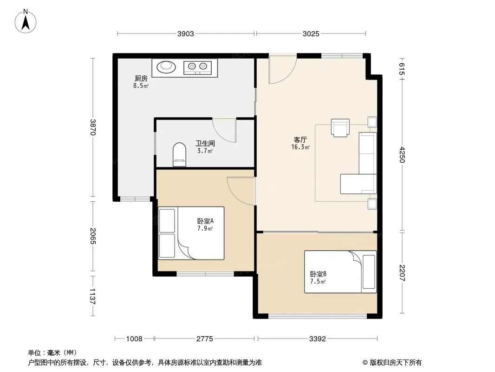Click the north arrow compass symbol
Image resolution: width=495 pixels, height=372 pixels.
point(26,21)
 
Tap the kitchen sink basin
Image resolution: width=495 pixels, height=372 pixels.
point(166,66)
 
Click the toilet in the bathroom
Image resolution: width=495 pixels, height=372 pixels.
point(180,154)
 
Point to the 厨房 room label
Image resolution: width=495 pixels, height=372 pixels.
point(141,78)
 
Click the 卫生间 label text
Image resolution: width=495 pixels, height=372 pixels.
point(205,143)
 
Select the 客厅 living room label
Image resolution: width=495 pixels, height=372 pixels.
point(300,139)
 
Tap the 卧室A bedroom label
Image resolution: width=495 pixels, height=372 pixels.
point(206,220)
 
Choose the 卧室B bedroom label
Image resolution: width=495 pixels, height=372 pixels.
point(318,274)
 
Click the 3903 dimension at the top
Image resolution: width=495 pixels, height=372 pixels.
point(185,33)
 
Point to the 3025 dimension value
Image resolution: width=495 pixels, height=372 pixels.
point(311,33)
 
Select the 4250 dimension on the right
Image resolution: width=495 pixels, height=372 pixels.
point(402,154)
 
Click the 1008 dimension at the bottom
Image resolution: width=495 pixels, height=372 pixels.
point(134,339)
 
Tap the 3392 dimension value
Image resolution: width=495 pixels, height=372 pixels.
point(317,339)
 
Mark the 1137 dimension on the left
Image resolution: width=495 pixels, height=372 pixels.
point(92,296)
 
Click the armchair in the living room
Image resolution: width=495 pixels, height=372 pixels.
point(340,128)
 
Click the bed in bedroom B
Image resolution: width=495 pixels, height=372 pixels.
point(340,272)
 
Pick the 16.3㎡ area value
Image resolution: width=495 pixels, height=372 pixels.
point(300,147)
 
